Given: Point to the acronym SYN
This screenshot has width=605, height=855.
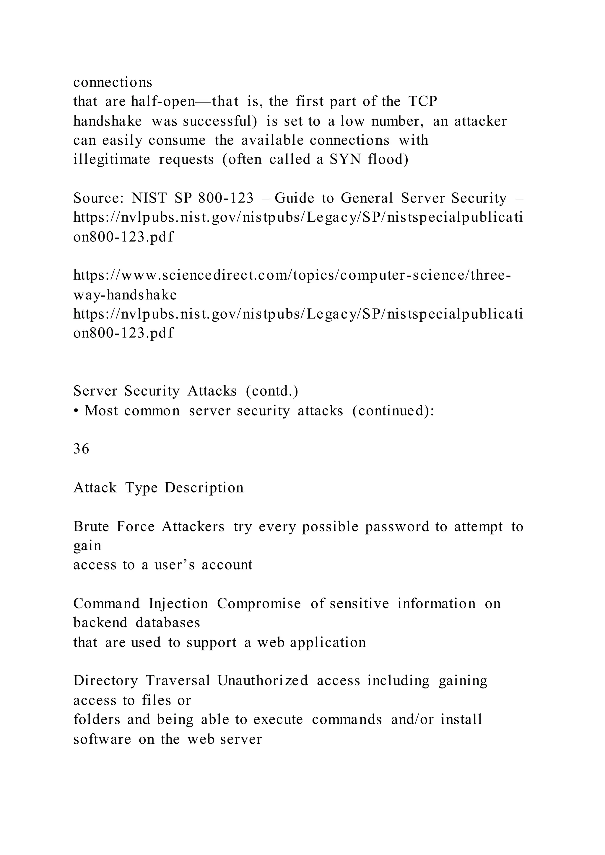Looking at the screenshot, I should [345, 159].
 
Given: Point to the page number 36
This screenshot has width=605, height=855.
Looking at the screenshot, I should [81, 449].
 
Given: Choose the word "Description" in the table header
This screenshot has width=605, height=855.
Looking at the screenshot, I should [204, 488].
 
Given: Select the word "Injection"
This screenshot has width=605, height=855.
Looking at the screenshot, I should [178, 604].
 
